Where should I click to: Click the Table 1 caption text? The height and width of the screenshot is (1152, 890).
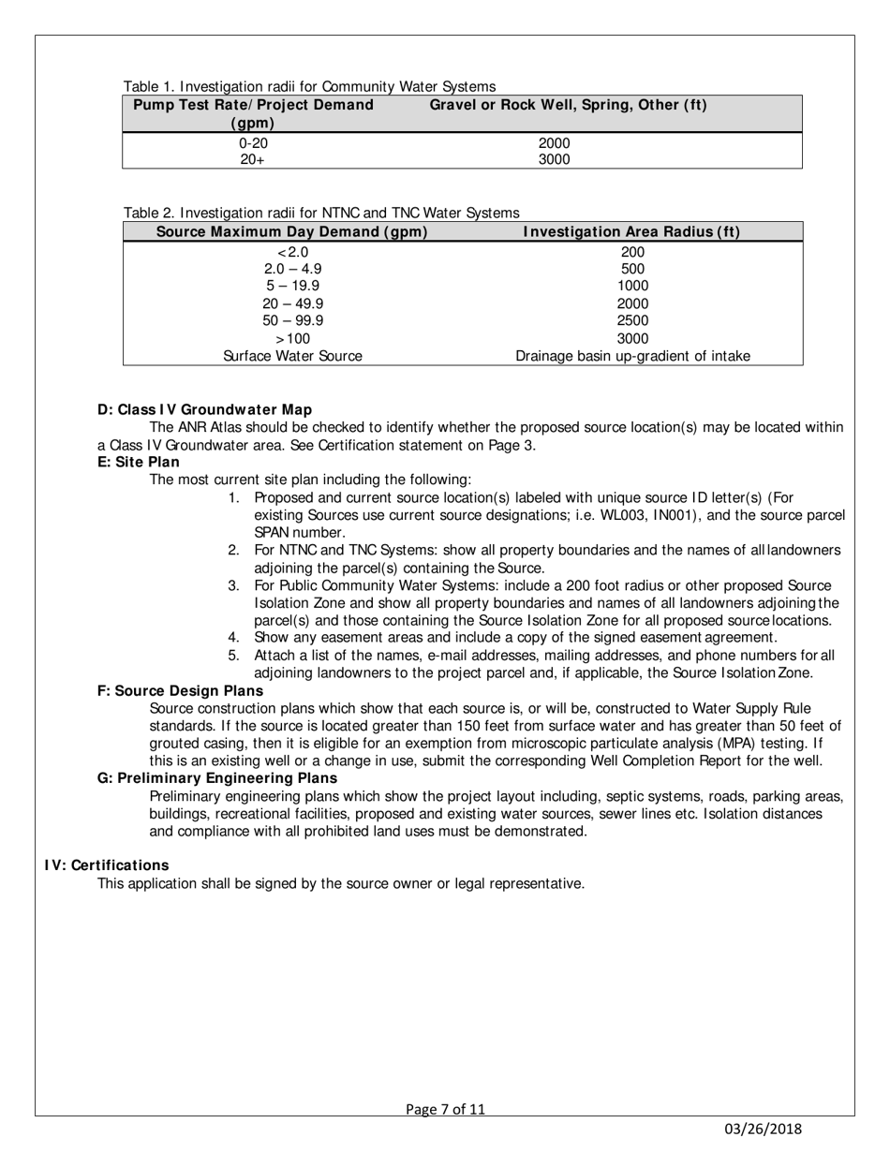click(x=309, y=87)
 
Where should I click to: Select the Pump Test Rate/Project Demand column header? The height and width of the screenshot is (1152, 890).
click(x=253, y=113)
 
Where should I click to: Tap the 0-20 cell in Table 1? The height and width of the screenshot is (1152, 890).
click(x=253, y=143)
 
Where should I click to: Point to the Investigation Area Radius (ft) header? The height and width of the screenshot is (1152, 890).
click(x=631, y=231)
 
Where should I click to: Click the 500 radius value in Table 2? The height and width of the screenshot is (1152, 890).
click(x=632, y=269)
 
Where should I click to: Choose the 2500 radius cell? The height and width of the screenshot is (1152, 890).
click(x=632, y=320)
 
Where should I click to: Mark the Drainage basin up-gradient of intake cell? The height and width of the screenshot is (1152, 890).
click(x=632, y=356)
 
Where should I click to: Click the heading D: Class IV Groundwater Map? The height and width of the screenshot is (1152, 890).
click(x=204, y=409)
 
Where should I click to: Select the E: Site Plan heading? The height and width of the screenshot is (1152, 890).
click(x=139, y=462)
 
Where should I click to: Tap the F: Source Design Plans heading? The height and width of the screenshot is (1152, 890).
click(x=180, y=690)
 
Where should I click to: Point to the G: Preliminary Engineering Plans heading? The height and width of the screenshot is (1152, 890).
click(x=217, y=778)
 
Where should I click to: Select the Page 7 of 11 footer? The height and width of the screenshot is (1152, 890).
click(x=445, y=1110)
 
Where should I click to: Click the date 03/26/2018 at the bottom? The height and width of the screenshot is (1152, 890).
click(x=764, y=1130)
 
